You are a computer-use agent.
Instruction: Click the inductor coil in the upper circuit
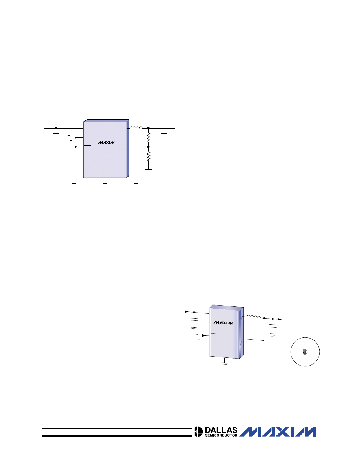(136, 128)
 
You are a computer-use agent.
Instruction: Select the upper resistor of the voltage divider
(149, 137)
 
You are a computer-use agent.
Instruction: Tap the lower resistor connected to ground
(149, 156)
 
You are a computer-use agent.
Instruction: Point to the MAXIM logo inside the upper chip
(107, 142)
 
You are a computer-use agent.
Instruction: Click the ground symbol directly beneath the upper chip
(105, 182)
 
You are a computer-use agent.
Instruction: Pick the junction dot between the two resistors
(149, 147)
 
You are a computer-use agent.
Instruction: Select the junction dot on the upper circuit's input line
(56, 128)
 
